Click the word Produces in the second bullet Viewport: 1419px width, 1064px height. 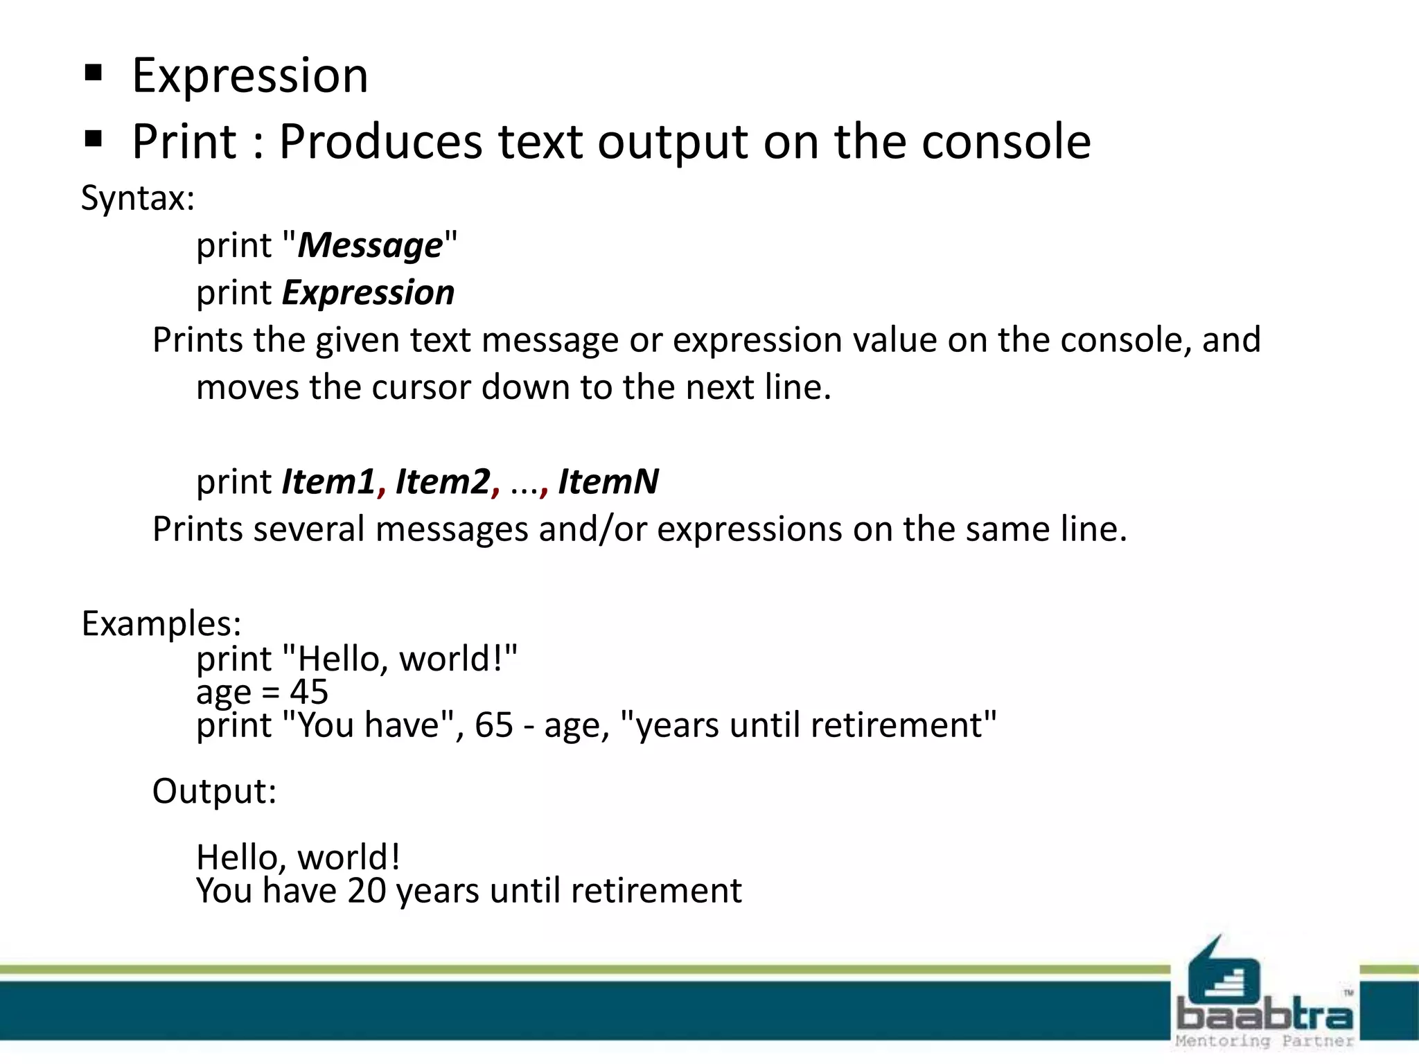(380, 142)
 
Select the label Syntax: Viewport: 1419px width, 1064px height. (138, 199)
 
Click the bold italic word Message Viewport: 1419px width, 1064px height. (370, 246)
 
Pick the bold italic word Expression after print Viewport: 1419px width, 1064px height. (368, 293)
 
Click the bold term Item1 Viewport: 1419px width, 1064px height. (328, 482)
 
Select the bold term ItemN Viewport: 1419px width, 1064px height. (608, 482)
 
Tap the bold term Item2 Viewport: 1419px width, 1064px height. (442, 482)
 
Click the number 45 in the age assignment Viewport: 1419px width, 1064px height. (309, 692)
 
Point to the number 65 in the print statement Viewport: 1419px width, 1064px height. (493, 725)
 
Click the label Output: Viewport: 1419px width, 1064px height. (214, 792)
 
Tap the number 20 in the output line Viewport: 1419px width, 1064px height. (367, 891)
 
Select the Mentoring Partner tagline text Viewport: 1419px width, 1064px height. (1264, 1041)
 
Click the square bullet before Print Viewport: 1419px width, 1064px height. (93, 140)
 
